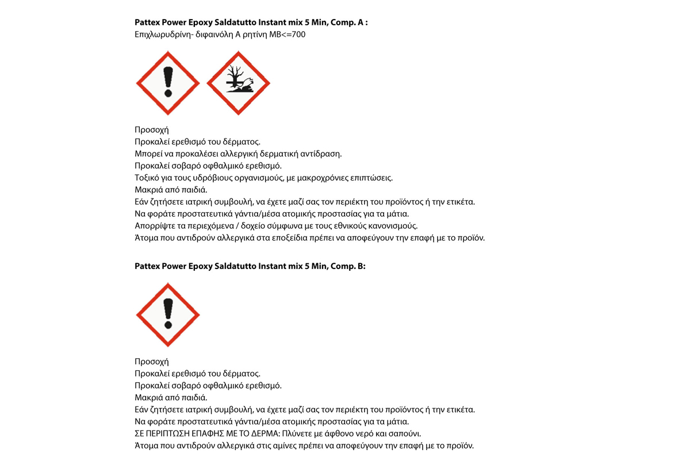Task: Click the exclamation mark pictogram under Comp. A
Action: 168,83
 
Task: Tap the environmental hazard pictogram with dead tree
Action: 238,83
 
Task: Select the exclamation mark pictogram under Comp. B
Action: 168,314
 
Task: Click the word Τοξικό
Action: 146,178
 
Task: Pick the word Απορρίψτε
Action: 152,226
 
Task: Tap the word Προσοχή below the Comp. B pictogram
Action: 151,362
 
